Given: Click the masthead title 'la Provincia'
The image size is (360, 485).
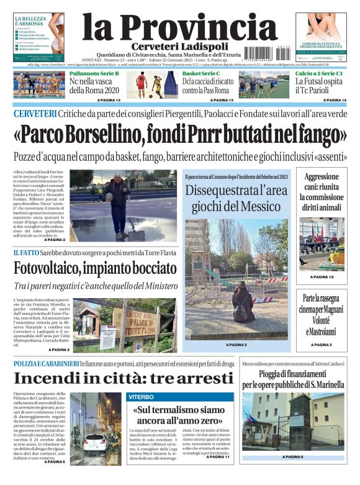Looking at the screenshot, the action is [x=180, y=27].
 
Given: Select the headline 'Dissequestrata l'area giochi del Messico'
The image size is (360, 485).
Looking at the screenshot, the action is [x=236, y=197].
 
